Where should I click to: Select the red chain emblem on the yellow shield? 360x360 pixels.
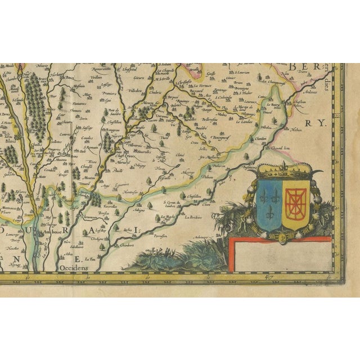[294, 202]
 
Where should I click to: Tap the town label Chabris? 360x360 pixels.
[155, 92]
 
